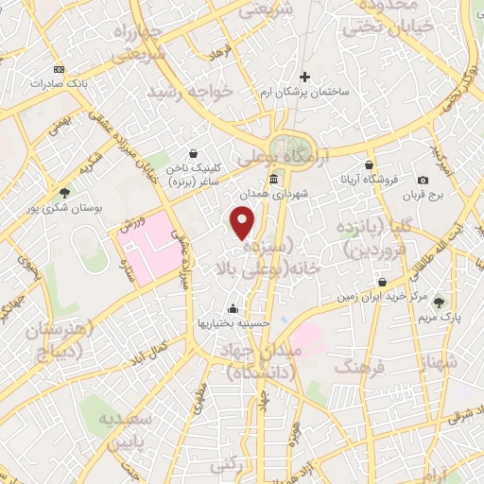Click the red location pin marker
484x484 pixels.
point(244,222)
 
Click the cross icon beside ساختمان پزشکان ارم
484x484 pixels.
point(304,78)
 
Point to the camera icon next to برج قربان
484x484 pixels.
point(423,181)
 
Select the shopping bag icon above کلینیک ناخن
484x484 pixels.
point(194,152)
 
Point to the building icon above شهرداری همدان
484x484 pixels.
point(273,179)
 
